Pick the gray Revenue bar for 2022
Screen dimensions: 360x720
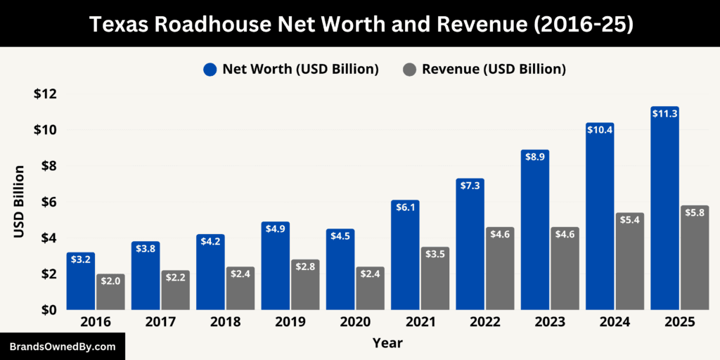click(x=499, y=269)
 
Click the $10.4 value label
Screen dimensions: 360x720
click(x=600, y=129)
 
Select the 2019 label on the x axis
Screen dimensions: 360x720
click(x=290, y=322)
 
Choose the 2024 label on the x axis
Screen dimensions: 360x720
click(x=614, y=322)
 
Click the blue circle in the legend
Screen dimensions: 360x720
click(x=210, y=69)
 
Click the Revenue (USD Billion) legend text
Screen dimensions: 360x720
click(x=494, y=69)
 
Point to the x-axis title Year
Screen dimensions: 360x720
click(x=387, y=343)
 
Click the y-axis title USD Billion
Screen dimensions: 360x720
click(x=19, y=201)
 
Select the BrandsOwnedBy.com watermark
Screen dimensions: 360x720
click(x=62, y=347)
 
